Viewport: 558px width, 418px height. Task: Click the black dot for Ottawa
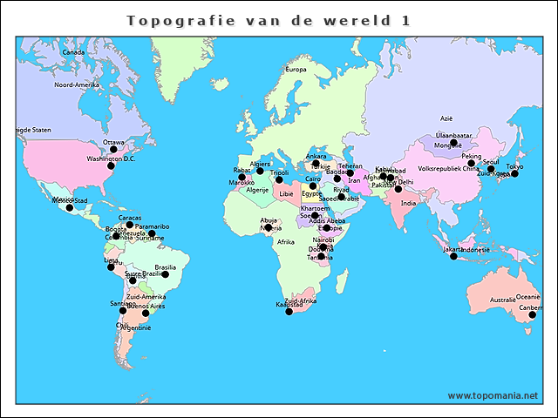pos(112,150)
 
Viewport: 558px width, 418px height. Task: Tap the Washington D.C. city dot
pos(110,166)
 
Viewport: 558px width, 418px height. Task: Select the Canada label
pos(73,52)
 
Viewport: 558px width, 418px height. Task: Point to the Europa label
pos(296,69)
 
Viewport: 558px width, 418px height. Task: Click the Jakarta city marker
pos(453,256)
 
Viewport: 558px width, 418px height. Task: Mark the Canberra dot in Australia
pos(532,314)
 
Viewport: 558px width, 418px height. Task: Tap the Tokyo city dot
pos(514,173)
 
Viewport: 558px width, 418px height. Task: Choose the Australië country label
pos(502,300)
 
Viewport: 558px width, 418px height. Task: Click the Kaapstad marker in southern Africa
pos(289,311)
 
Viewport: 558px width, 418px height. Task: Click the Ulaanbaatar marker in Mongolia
pos(453,143)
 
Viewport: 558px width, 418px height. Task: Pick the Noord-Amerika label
pos(77,85)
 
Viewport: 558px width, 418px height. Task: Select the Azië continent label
pos(446,118)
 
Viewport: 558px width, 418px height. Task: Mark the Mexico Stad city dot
pos(70,207)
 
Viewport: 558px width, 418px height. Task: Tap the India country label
pos(408,204)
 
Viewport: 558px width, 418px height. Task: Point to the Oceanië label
pos(527,297)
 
